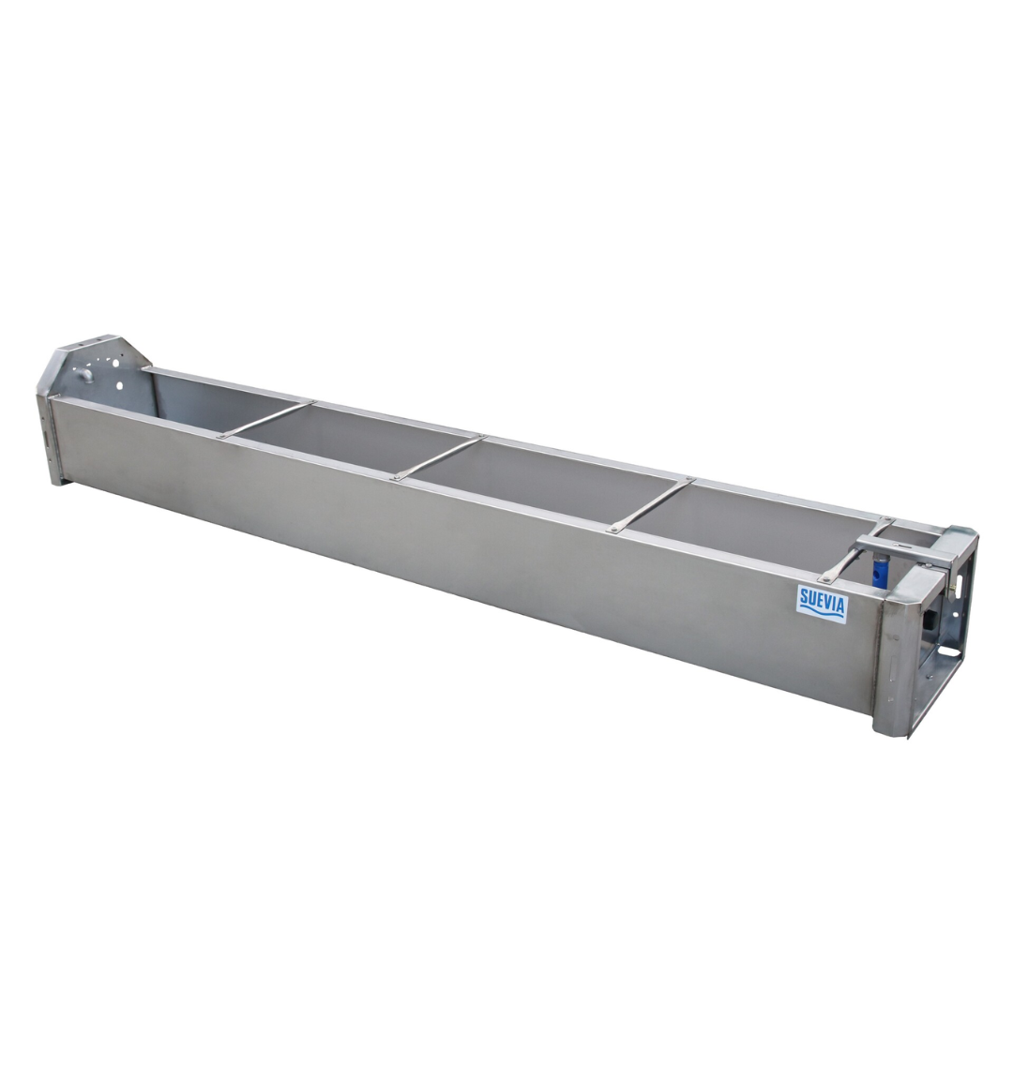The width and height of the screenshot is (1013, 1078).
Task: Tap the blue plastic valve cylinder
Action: coord(880,570)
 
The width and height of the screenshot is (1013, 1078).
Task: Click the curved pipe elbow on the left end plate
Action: coord(84,375)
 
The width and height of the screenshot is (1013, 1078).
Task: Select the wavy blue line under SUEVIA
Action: coord(822,613)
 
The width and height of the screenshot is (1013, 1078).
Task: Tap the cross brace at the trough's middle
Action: coord(438,457)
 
